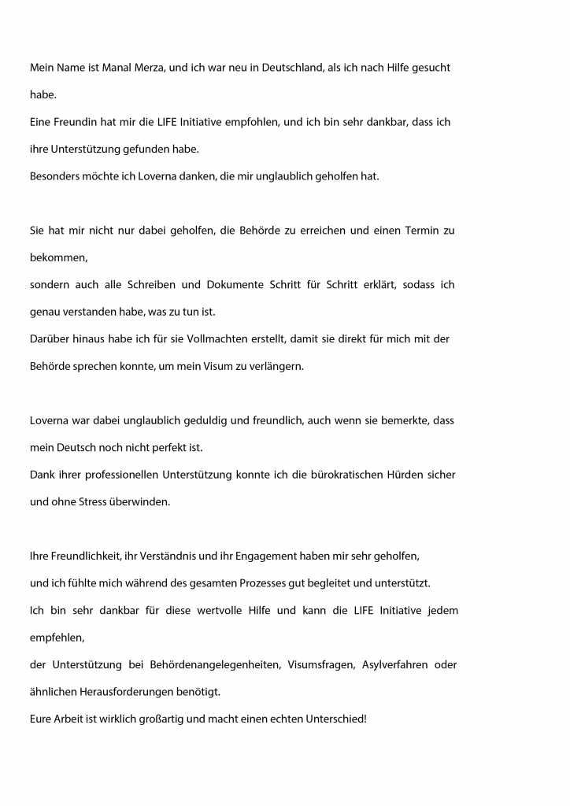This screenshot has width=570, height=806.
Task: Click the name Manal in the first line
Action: pos(101,68)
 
